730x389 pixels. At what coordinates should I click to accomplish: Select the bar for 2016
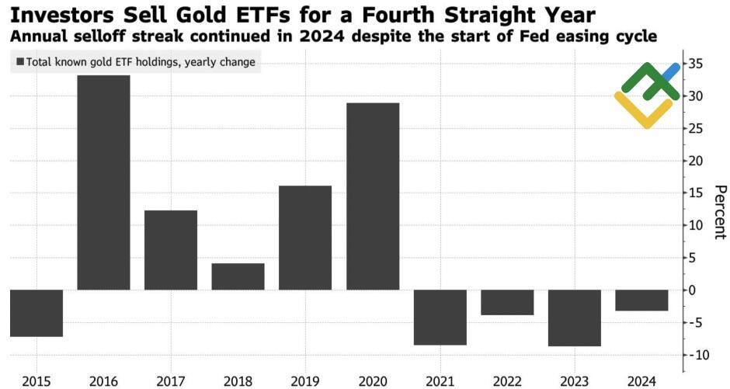click(x=103, y=182)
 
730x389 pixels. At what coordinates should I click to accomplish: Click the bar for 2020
click(x=373, y=196)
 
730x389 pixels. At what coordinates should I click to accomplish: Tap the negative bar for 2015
click(x=36, y=313)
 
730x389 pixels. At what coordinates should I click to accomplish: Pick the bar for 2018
click(x=238, y=276)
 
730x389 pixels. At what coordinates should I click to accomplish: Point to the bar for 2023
click(x=575, y=318)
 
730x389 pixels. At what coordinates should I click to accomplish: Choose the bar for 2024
click(x=641, y=300)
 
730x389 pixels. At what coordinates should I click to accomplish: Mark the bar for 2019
click(x=305, y=238)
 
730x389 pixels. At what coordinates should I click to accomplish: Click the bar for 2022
click(x=507, y=302)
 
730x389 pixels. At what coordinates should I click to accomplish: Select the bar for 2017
click(x=171, y=250)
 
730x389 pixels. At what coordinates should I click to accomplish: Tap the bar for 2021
click(x=440, y=317)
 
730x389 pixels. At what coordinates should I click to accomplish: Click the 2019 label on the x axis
click(x=305, y=380)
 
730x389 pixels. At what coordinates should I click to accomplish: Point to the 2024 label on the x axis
click(x=641, y=380)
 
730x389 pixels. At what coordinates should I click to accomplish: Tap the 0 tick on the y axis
click(x=699, y=290)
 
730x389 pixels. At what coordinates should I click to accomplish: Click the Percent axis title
click(x=719, y=212)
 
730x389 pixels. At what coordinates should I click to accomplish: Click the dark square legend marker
click(x=19, y=62)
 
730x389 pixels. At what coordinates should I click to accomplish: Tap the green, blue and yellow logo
click(x=647, y=96)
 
